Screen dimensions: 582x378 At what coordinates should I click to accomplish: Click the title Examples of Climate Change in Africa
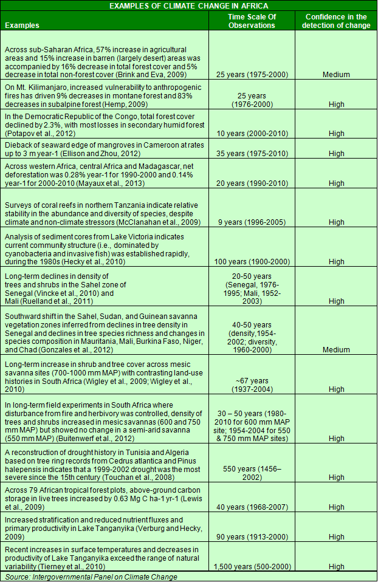coord(188,5)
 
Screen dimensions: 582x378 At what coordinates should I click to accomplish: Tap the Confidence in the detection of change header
coord(336,21)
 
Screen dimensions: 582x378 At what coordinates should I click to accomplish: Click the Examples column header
coord(21,26)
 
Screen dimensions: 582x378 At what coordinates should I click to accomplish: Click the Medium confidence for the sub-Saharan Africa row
coord(336,75)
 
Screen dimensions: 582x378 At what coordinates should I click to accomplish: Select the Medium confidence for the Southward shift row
coord(336,350)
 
